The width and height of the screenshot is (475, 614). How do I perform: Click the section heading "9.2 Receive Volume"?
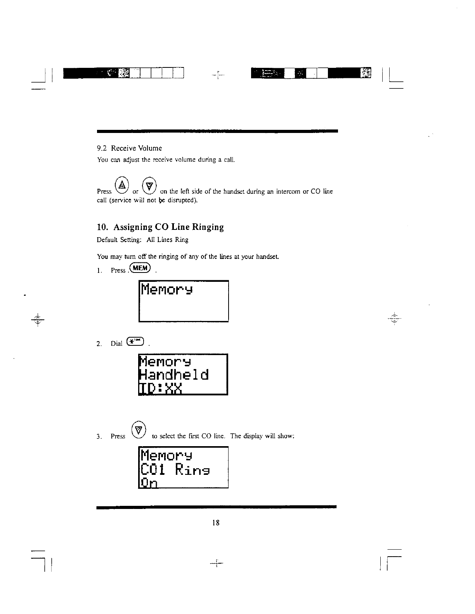(x=129, y=148)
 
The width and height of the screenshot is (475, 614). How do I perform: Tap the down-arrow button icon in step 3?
(x=139, y=429)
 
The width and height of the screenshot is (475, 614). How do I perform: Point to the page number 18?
(x=216, y=523)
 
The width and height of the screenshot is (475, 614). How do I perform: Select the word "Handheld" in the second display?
(x=174, y=375)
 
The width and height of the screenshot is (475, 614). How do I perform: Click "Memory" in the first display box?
(x=167, y=290)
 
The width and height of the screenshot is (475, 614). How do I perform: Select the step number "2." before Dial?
(x=99, y=343)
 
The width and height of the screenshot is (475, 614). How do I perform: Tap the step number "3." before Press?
(x=99, y=436)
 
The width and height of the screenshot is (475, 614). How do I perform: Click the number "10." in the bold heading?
(x=103, y=227)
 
